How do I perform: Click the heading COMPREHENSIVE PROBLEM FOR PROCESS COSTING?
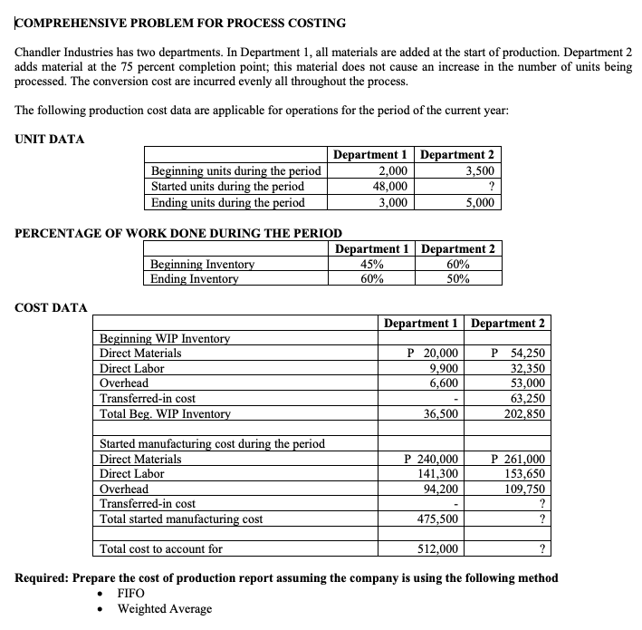(180, 22)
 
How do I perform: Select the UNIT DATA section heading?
(50, 139)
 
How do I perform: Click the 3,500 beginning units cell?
(477, 171)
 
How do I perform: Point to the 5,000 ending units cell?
(477, 202)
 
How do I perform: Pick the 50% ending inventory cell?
(457, 279)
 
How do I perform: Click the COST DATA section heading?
(51, 308)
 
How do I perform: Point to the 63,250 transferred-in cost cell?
(526, 399)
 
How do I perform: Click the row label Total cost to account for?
(161, 548)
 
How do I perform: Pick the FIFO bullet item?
(132, 593)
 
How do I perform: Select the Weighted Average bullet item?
(165, 608)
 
